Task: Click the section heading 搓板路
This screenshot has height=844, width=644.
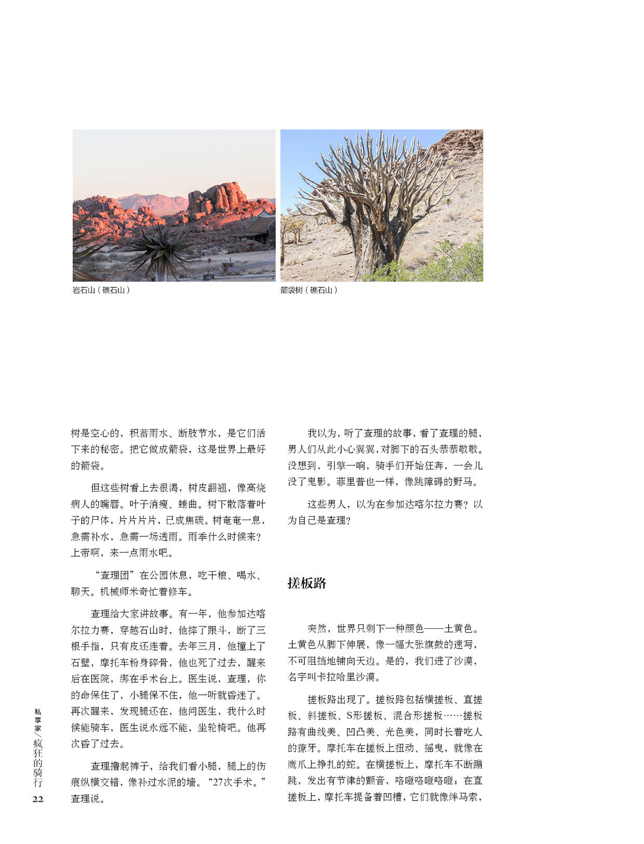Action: coord(307,583)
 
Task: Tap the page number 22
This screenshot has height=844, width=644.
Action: coord(38,799)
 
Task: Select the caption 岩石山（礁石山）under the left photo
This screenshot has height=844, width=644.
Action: coord(101,290)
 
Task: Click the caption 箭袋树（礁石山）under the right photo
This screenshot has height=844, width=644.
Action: coord(309,290)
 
